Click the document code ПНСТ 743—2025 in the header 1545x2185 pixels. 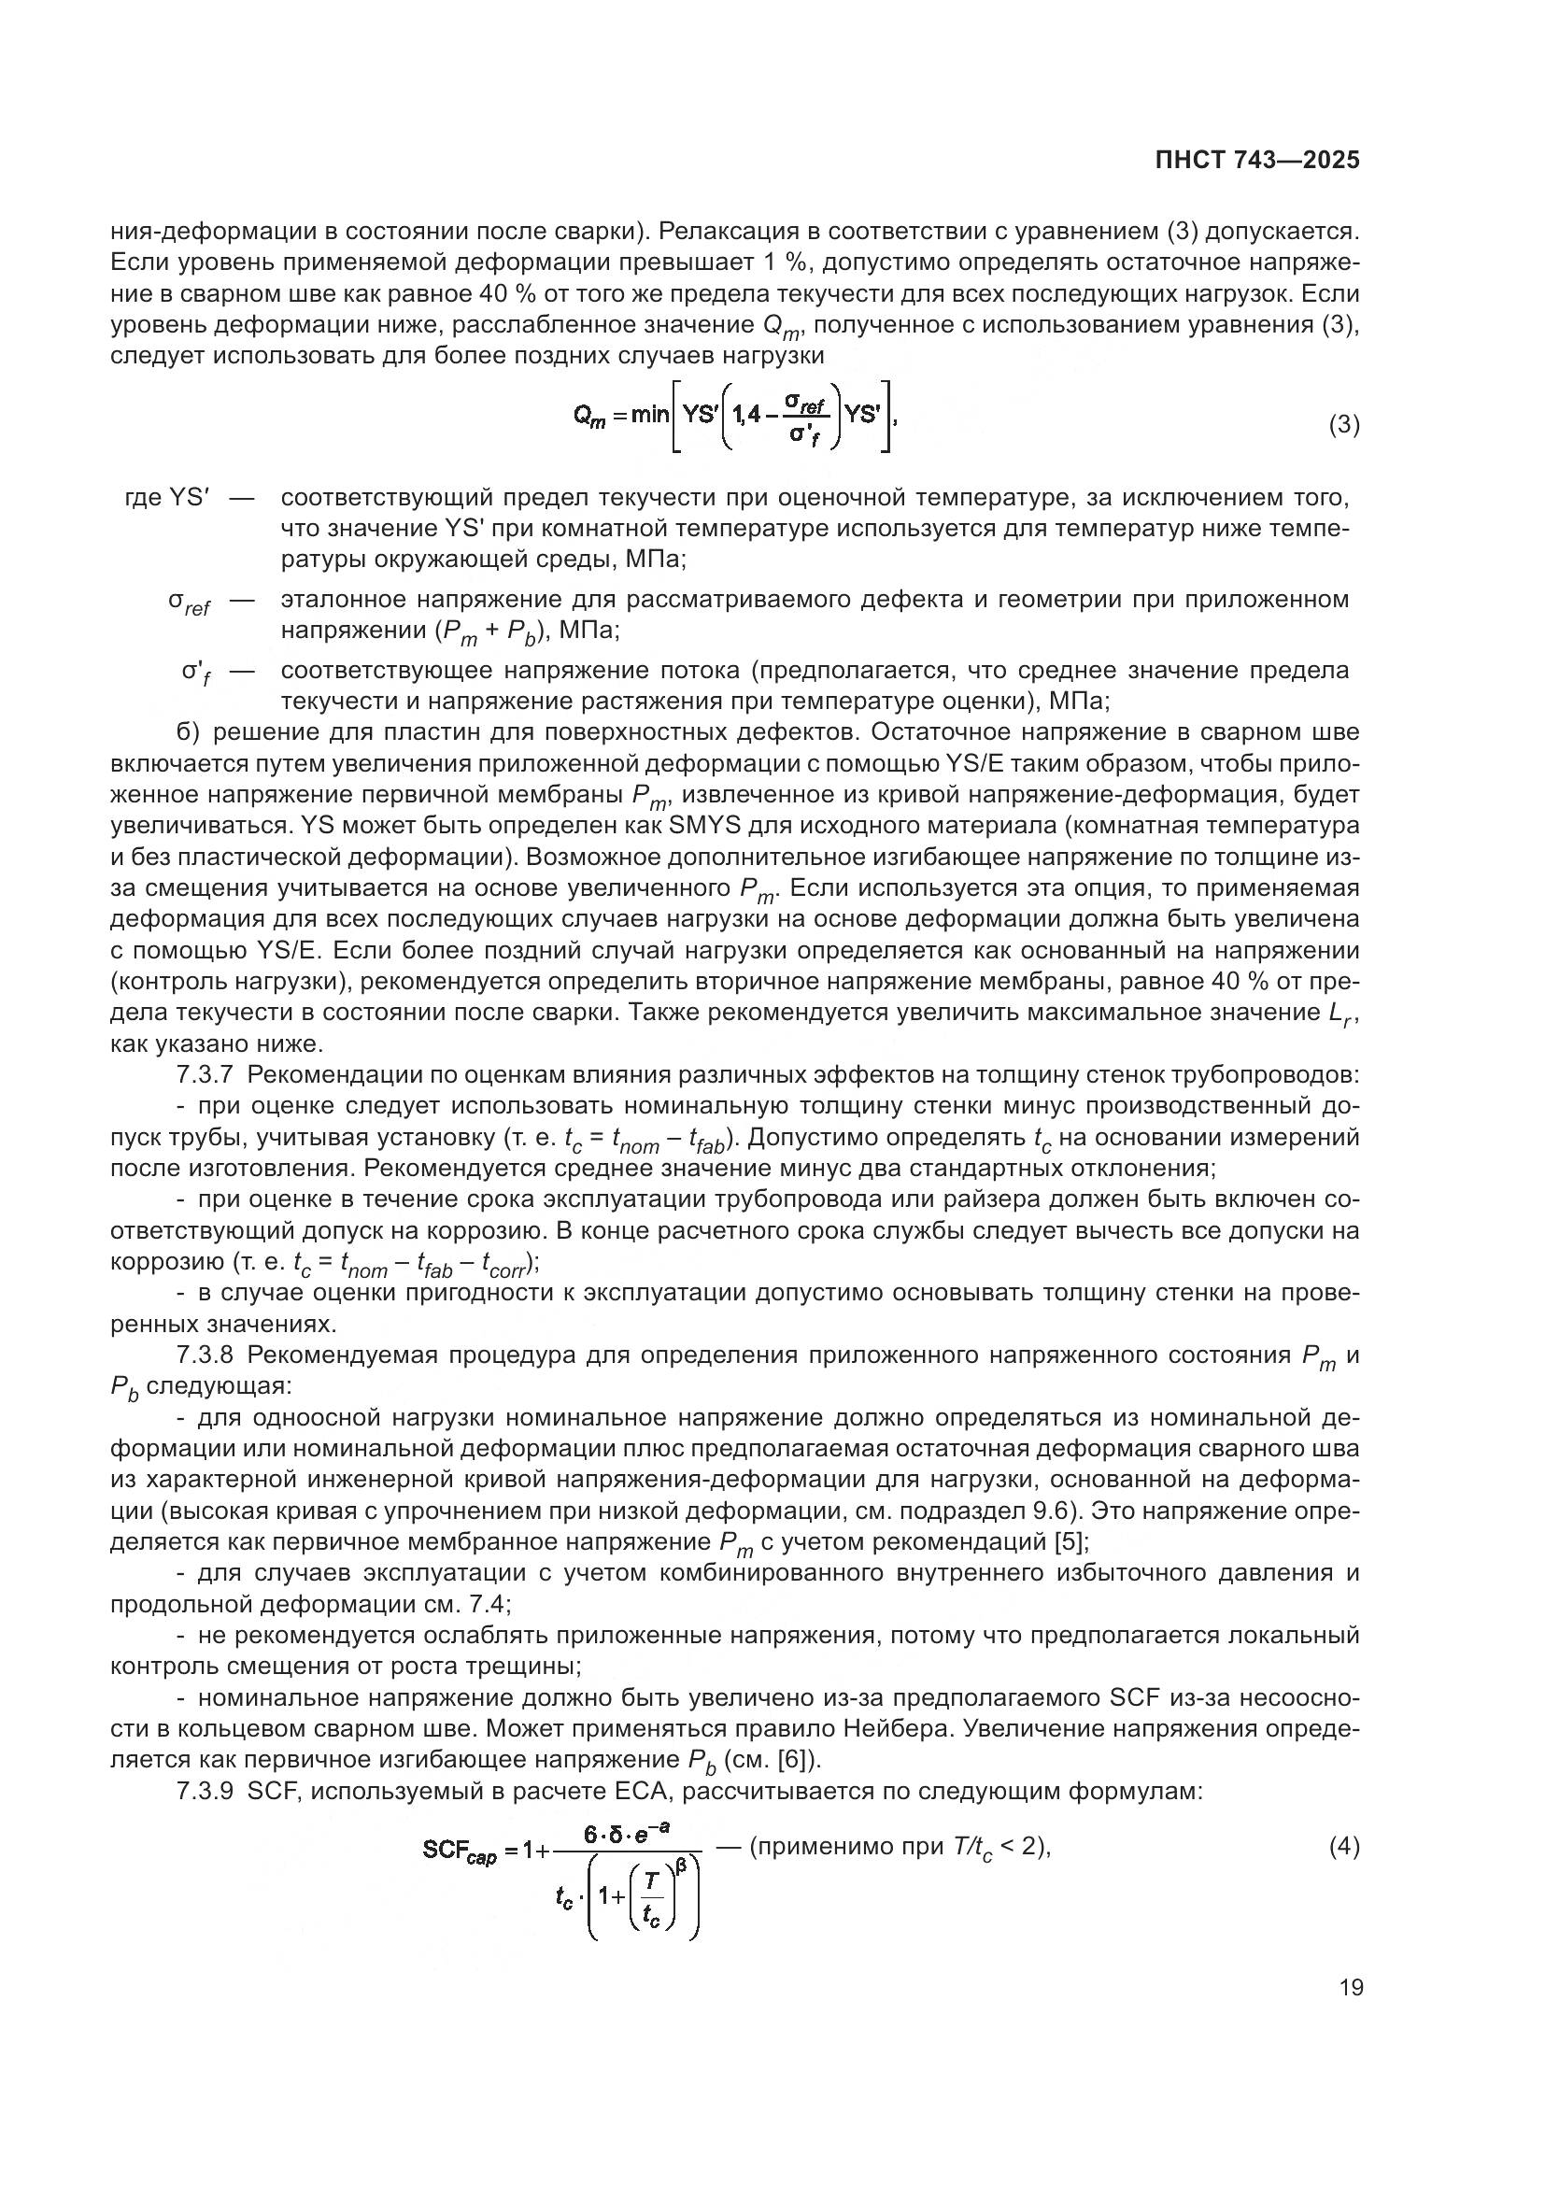(1256, 160)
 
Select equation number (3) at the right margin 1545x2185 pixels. (1343, 425)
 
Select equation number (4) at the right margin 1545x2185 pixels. (1343, 1847)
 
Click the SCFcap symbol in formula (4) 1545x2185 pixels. (460, 1851)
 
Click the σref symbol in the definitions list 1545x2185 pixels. (190, 602)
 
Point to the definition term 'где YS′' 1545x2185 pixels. (167, 498)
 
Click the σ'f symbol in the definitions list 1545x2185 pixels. (196, 672)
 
